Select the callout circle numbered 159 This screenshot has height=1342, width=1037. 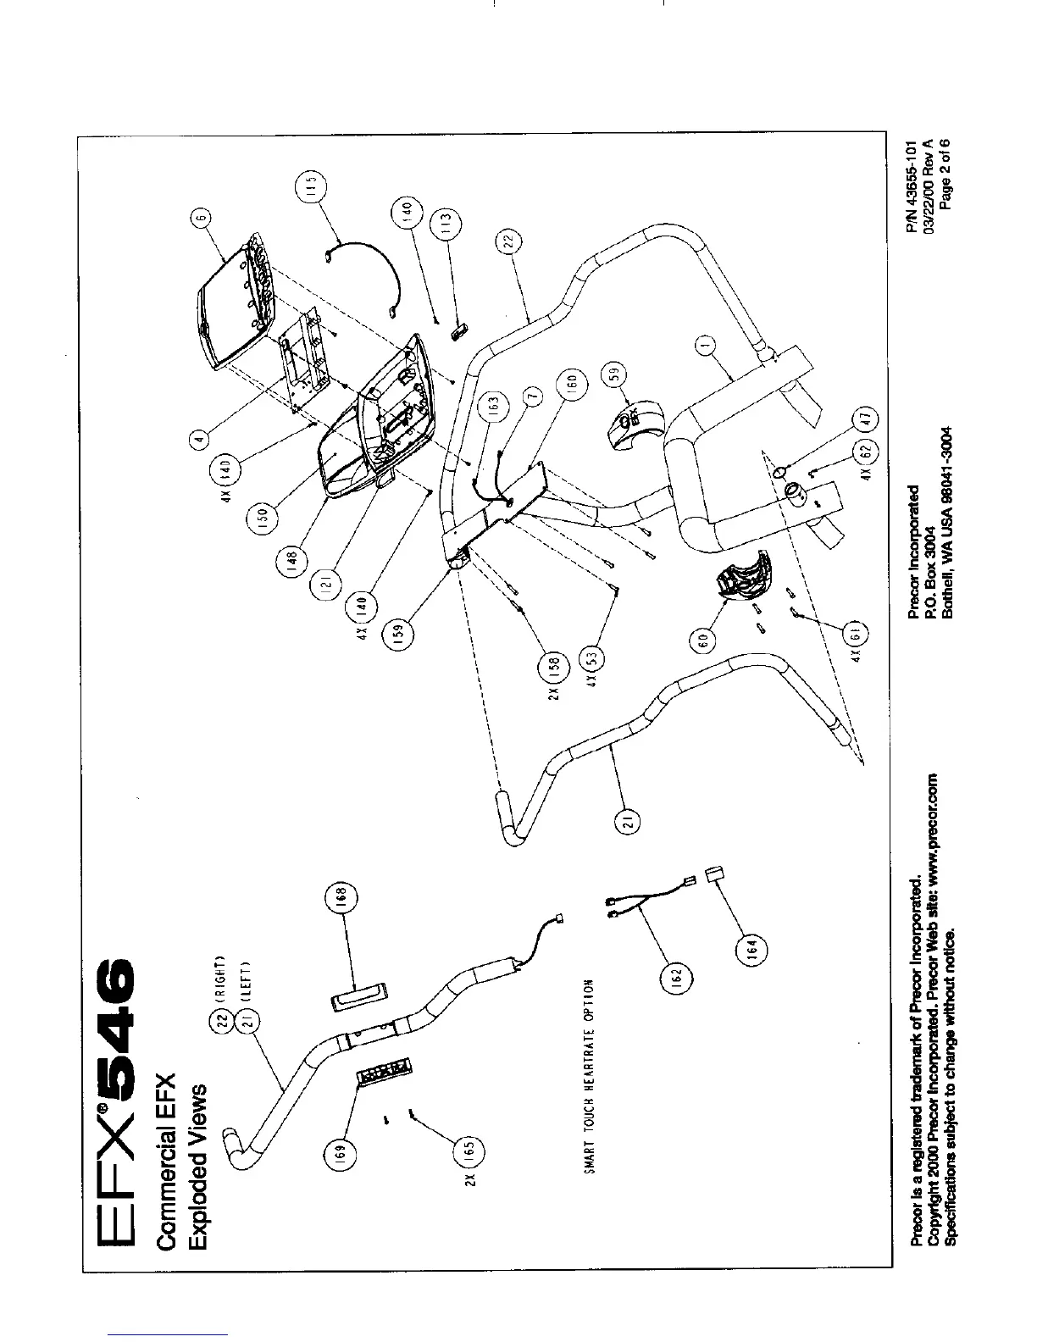402,632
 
